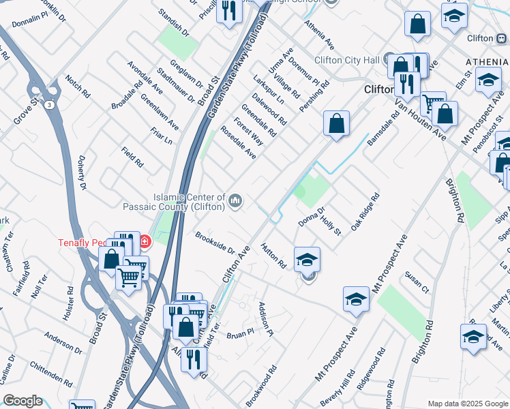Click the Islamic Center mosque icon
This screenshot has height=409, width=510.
(x=236, y=200)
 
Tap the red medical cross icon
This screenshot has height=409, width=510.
(x=145, y=241)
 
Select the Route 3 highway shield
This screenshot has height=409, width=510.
(x=50, y=105)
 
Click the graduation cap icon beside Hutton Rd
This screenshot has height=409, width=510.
(x=307, y=258)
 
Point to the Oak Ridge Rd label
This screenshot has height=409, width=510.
(x=365, y=213)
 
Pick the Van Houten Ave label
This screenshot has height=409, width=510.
(x=421, y=120)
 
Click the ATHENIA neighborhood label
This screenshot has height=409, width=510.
(x=487, y=62)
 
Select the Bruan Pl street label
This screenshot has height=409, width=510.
(x=239, y=333)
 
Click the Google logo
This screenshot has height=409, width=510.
(x=23, y=401)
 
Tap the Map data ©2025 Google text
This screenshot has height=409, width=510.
(x=468, y=404)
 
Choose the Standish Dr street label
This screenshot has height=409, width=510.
(x=172, y=22)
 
